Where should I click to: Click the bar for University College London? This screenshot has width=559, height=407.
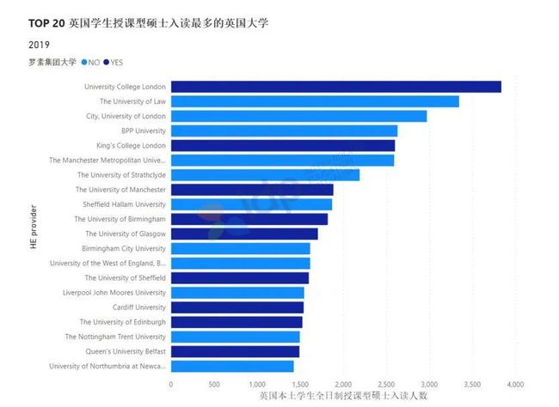pyautogui.click(x=335, y=87)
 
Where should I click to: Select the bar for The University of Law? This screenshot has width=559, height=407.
pyautogui.click(x=315, y=101)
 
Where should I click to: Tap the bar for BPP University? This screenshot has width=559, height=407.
pyautogui.click(x=284, y=131)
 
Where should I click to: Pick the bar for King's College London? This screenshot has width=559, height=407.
pyautogui.click(x=283, y=145)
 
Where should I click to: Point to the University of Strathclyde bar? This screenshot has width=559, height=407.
pyautogui.click(x=265, y=175)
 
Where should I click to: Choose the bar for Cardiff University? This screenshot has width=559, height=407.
pyautogui.click(x=237, y=307)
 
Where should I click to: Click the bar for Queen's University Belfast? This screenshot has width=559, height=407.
pyautogui.click(x=235, y=351)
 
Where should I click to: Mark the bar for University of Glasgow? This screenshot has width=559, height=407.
pyautogui.click(x=244, y=234)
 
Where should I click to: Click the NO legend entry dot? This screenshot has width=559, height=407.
pyautogui.click(x=83, y=62)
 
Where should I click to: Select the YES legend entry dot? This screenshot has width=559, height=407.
pyautogui.click(x=106, y=62)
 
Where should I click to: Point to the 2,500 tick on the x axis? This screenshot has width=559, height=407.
pyautogui.click(x=386, y=384)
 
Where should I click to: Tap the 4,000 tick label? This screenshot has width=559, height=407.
pyautogui.click(x=515, y=384)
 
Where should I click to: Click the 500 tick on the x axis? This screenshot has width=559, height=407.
pyautogui.click(x=214, y=384)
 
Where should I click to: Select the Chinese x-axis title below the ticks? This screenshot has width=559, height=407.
pyautogui.click(x=343, y=397)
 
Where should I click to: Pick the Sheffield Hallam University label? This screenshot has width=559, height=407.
pyautogui.click(x=125, y=204)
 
